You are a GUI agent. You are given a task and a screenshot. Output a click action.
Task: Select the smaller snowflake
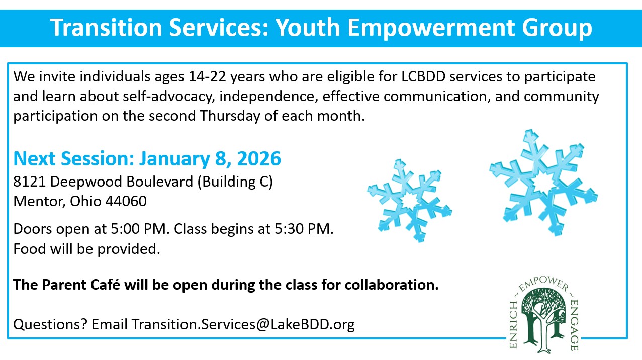[x=409, y=201]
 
